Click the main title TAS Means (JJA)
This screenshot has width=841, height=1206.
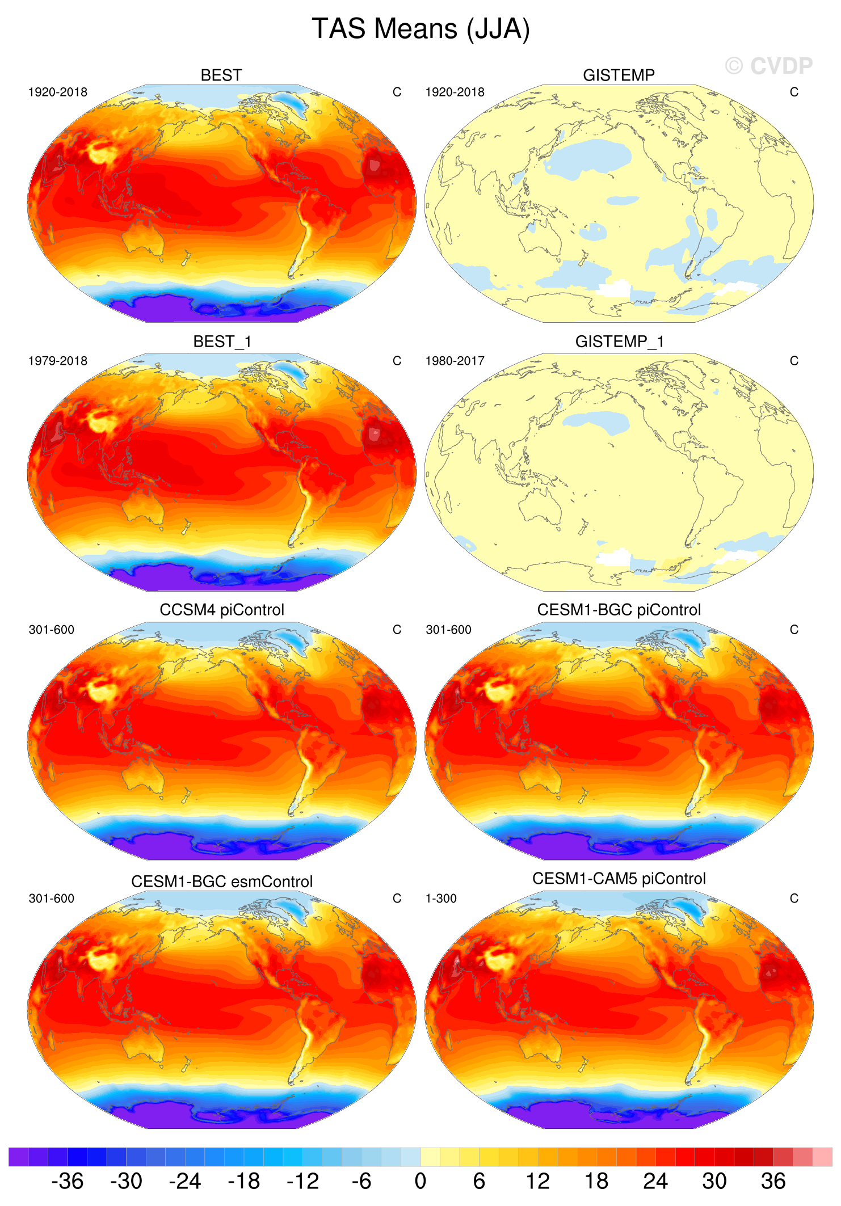pos(420,29)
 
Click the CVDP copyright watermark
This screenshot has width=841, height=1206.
pos(769,66)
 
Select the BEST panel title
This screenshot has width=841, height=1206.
pos(221,75)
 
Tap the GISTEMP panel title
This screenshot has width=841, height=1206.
pos(619,75)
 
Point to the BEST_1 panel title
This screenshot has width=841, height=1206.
pos(222,341)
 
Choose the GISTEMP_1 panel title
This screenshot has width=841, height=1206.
pos(619,341)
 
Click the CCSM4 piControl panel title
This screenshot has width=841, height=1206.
pos(222,610)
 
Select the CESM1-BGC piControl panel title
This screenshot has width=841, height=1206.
pos(619,610)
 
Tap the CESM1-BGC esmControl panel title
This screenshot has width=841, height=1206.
pos(222,882)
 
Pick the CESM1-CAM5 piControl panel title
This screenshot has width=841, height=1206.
pos(619,879)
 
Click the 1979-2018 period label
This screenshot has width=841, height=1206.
pos(58,361)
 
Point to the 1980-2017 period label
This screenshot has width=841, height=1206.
pos(455,361)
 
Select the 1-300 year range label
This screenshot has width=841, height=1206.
pos(441,899)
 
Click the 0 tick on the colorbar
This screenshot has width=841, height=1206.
pos(420,1181)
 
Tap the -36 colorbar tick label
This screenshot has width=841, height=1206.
pos(68,1181)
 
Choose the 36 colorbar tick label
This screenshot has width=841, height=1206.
pos(773,1181)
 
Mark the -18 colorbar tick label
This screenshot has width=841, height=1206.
pos(243,1181)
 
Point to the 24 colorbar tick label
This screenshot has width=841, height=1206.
pos(655,1181)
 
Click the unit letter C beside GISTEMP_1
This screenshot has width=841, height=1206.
pos(794,361)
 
